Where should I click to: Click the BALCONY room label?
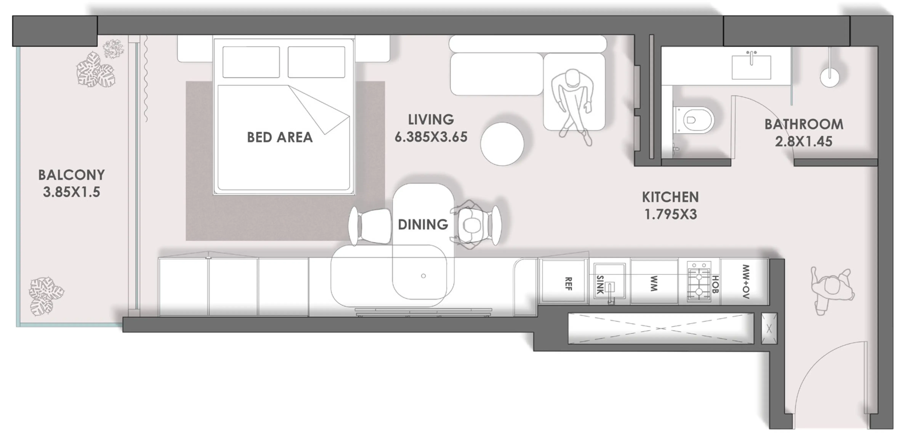71,175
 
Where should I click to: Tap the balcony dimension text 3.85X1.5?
71,192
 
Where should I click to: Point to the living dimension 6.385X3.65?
431,137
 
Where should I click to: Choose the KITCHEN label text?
670,197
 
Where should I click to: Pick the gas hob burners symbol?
699,282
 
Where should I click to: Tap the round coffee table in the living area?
502,144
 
